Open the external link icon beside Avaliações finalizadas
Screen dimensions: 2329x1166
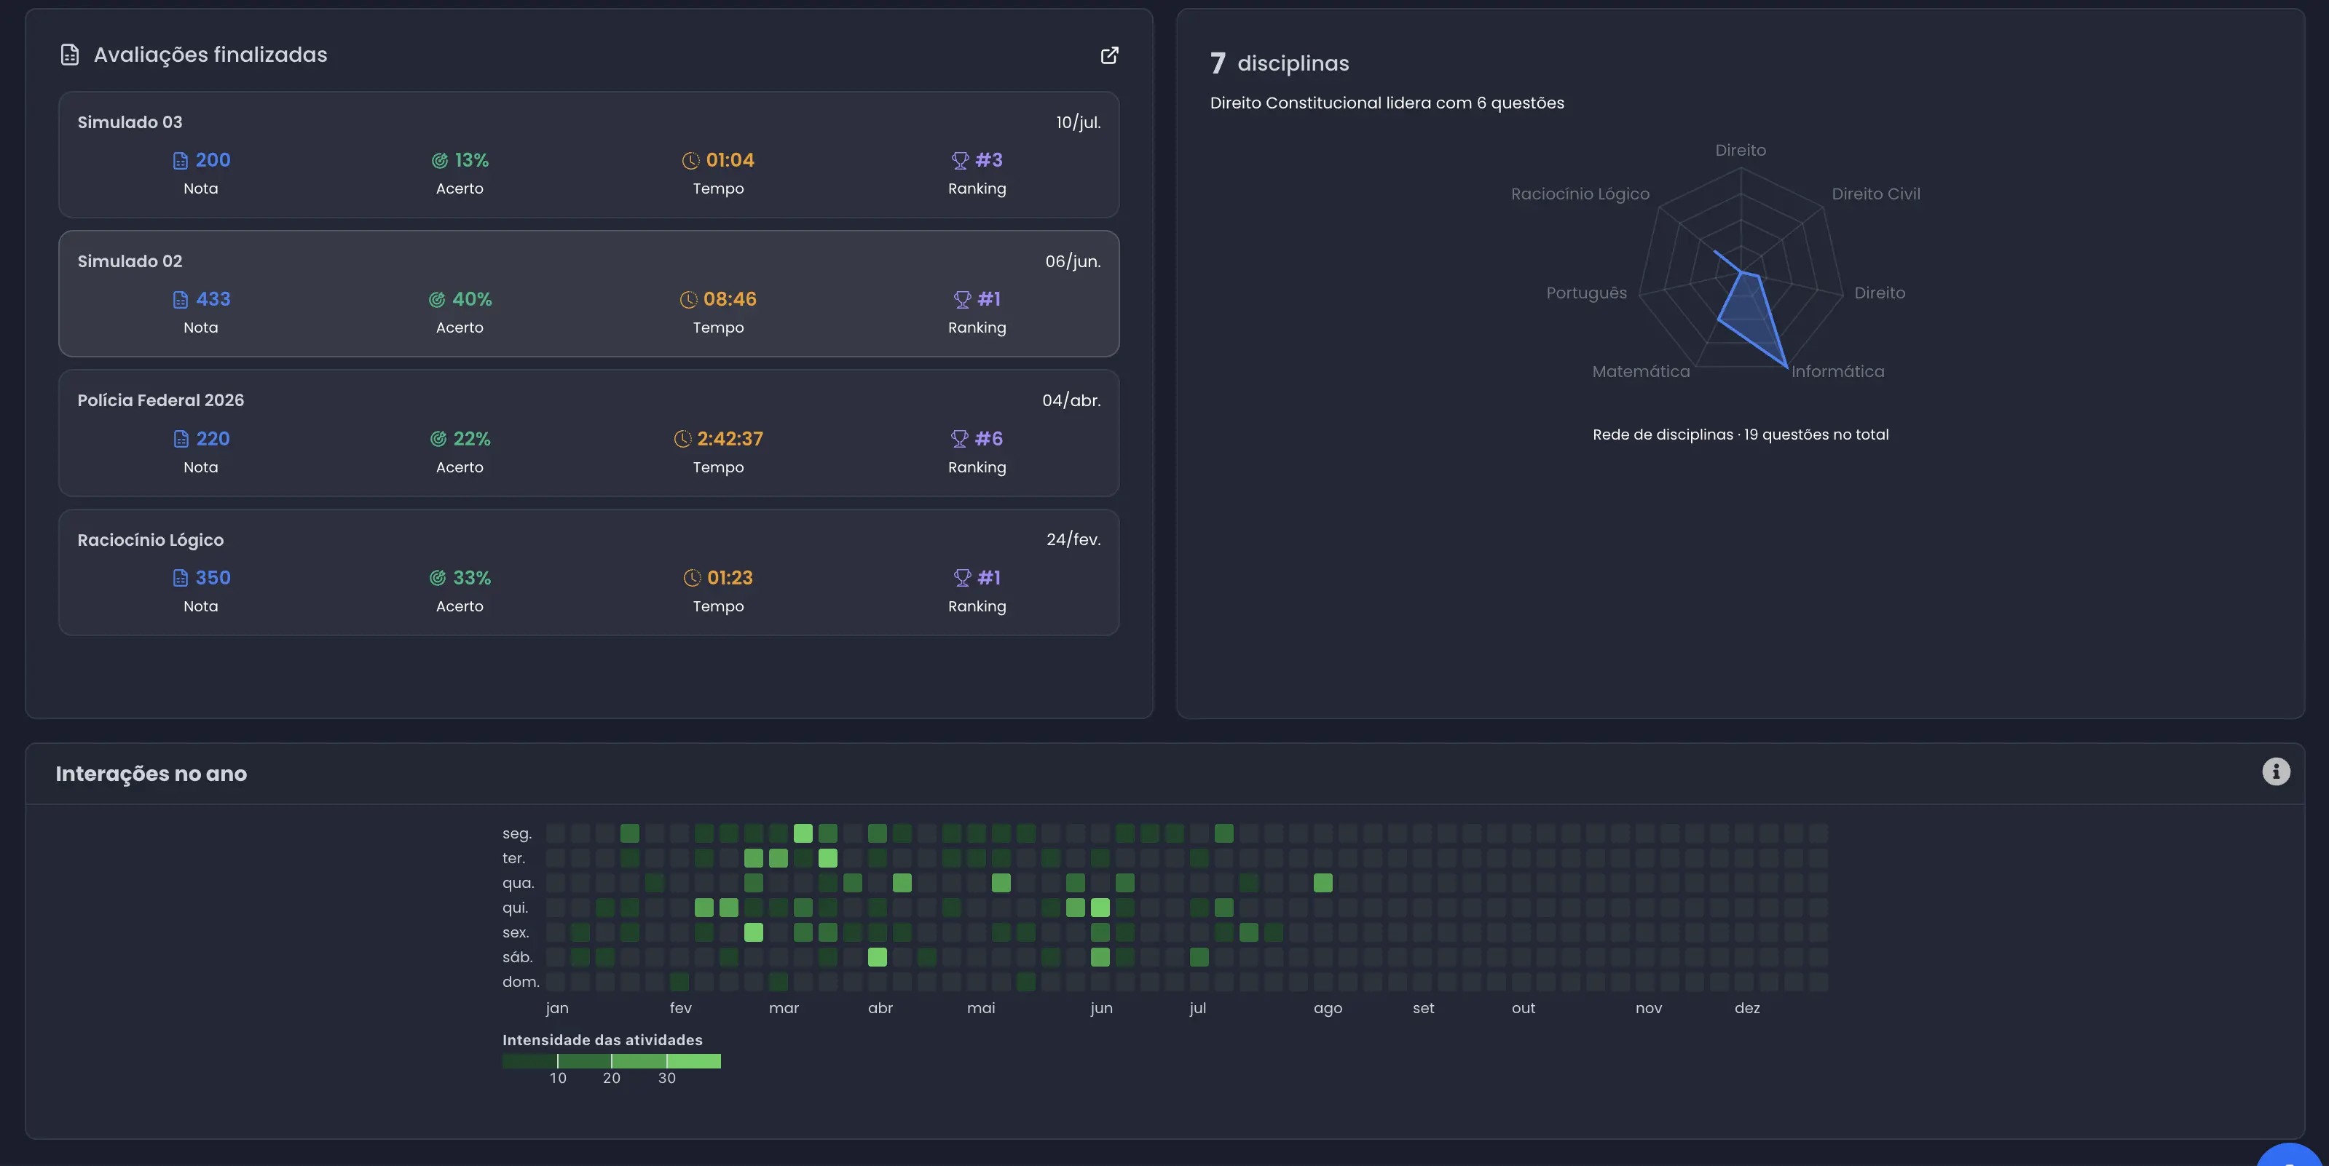(x=1109, y=55)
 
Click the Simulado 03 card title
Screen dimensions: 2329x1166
(x=130, y=122)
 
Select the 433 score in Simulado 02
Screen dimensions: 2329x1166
(x=213, y=299)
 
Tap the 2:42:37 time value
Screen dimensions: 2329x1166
(x=730, y=438)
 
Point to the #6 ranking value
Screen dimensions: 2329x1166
(x=989, y=438)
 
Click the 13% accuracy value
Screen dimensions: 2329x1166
(x=472, y=160)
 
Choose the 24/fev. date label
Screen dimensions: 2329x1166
(x=1073, y=539)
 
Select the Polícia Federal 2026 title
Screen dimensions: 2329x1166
(x=160, y=400)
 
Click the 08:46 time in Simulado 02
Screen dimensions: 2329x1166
(x=730, y=299)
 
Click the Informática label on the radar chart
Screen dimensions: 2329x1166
(x=1838, y=371)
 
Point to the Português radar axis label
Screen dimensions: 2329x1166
(x=1587, y=293)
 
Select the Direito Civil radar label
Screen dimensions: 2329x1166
(x=1876, y=194)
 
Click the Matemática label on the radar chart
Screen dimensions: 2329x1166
(x=1641, y=371)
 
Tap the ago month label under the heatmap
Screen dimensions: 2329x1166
(x=1328, y=1009)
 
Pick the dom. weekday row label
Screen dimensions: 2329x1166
(x=521, y=982)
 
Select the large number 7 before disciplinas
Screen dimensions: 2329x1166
(x=1218, y=63)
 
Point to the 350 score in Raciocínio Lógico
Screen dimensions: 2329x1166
(x=213, y=578)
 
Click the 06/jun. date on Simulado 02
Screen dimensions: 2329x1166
(x=1073, y=261)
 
